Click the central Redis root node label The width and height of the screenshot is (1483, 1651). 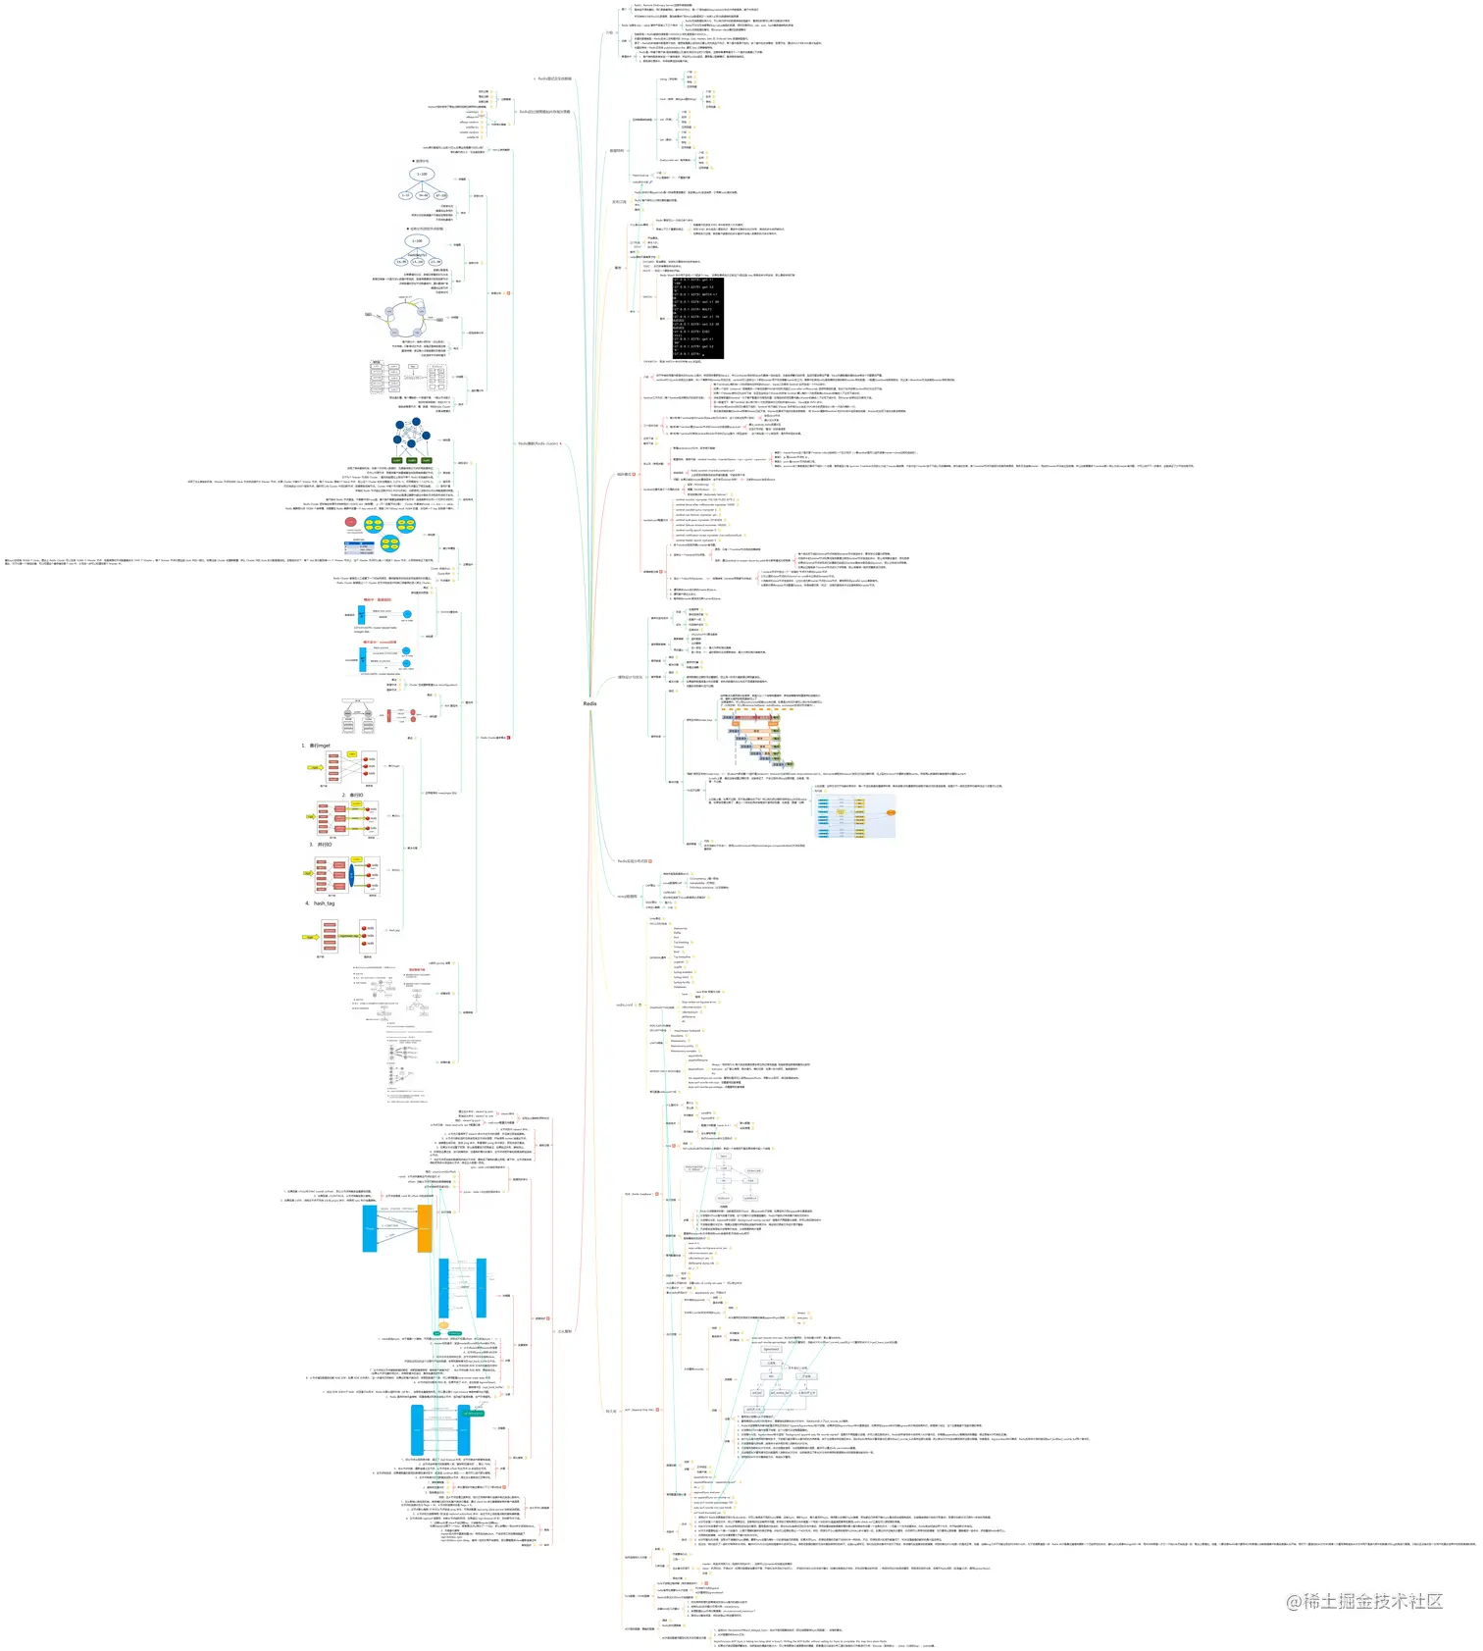[x=589, y=703]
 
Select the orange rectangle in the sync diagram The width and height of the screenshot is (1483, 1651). [x=424, y=1227]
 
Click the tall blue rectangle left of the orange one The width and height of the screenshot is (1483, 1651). [x=370, y=1227]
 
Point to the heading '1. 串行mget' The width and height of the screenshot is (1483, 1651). [x=316, y=746]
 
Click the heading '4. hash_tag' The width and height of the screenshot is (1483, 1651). [x=320, y=903]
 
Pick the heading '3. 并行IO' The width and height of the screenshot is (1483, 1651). [x=321, y=844]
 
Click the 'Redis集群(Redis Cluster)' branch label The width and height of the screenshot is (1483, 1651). [x=538, y=443]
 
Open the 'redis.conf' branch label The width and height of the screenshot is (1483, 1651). [x=624, y=1005]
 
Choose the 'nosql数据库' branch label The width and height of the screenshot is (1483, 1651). [x=626, y=896]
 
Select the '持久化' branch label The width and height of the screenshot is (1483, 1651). [x=611, y=1411]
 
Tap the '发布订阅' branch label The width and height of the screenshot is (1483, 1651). [x=619, y=201]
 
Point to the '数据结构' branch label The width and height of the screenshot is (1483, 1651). [x=616, y=151]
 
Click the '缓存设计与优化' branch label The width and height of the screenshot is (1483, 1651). [x=630, y=677]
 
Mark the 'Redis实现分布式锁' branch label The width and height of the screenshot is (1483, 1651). [x=632, y=861]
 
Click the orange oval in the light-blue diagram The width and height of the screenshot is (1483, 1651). [x=891, y=812]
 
